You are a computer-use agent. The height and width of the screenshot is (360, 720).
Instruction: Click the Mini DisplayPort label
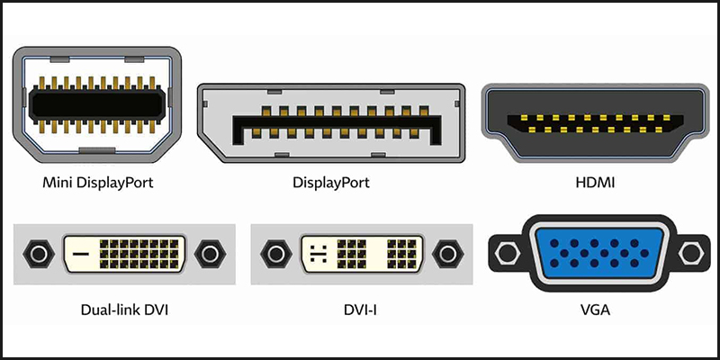(98, 183)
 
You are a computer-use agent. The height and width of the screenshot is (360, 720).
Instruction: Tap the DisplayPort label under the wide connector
(331, 183)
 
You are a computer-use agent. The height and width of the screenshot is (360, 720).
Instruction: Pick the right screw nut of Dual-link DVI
(211, 255)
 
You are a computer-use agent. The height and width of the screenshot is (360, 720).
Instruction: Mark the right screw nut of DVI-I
(447, 255)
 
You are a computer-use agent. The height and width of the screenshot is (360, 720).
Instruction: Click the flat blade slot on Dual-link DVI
(80, 255)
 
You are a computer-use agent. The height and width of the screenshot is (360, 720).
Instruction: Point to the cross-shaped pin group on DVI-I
(316, 255)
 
